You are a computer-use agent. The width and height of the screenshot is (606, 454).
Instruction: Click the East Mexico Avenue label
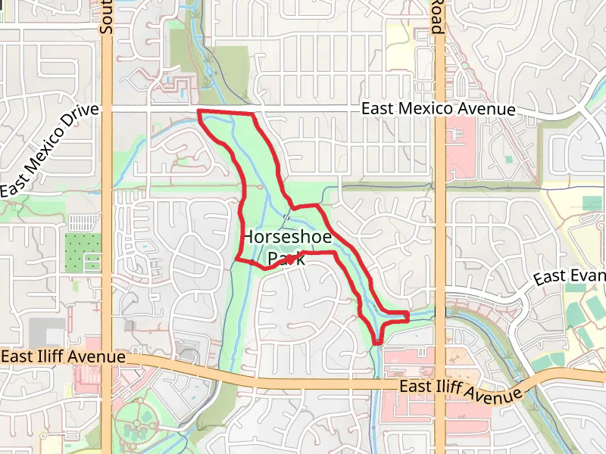[x=438, y=110]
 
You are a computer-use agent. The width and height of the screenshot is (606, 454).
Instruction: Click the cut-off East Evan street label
[x=570, y=277]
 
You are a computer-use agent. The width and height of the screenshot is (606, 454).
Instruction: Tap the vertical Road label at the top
[x=436, y=17]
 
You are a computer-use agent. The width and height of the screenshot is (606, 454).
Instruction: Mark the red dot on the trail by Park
[x=289, y=259]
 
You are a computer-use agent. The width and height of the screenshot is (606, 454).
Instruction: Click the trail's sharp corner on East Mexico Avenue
[x=199, y=112]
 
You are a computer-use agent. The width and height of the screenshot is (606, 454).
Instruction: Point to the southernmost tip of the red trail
[x=376, y=344]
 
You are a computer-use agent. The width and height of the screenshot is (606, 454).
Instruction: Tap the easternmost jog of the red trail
[x=408, y=316]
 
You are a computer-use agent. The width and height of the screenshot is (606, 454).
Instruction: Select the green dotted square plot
[x=83, y=253]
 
